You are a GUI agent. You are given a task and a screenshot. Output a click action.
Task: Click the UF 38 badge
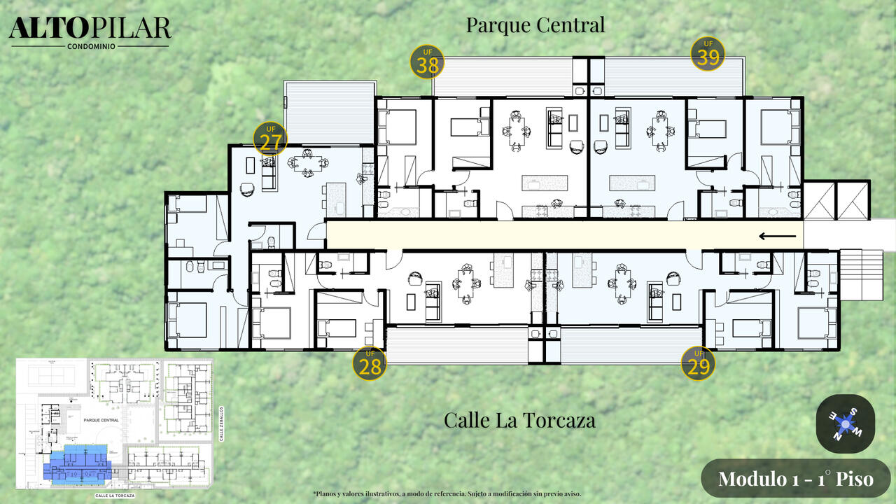428,62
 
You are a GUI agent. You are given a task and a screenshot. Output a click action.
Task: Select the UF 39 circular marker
708,55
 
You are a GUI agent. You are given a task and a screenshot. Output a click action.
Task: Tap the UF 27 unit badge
270,139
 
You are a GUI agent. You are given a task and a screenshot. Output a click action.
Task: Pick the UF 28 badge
369,363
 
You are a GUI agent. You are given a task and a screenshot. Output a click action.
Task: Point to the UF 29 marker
698,363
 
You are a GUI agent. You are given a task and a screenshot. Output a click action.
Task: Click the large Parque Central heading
535,25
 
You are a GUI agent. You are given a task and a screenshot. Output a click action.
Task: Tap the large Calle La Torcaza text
519,420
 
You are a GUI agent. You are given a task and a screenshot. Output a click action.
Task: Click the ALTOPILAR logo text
90,27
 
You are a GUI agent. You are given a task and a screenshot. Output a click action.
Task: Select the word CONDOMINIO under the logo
91,47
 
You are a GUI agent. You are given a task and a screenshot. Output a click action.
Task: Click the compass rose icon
846,423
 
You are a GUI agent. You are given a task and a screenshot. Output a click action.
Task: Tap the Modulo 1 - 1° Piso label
796,479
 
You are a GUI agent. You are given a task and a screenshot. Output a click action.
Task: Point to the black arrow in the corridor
778,236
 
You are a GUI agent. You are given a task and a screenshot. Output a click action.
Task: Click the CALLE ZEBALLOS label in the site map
221,423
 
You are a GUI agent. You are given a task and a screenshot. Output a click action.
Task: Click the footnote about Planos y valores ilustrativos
447,493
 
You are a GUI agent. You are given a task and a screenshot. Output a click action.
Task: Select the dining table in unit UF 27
307,164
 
